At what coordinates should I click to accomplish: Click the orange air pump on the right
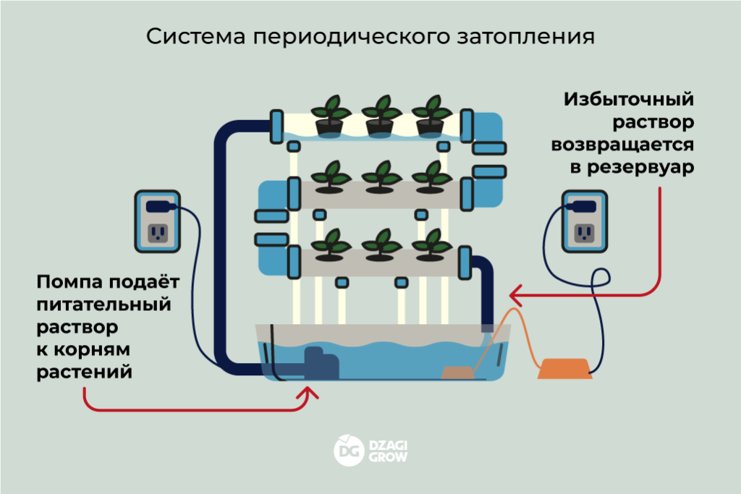(564, 369)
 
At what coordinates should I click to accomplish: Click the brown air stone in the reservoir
(457, 372)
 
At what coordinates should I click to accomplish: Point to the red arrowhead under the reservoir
(310, 393)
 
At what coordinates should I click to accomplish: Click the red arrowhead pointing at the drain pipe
(515, 295)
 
